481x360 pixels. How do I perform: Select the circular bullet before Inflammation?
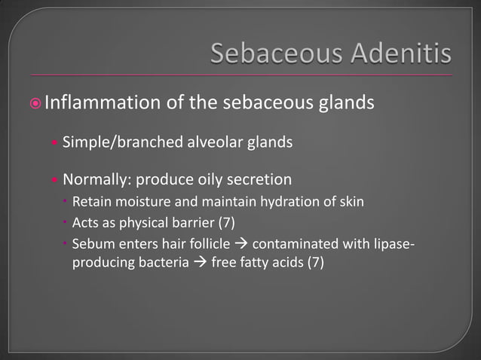click(36, 102)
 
